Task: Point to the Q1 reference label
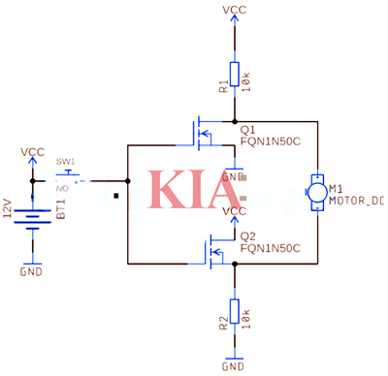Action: [x=247, y=126]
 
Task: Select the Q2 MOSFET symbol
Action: [x=211, y=249]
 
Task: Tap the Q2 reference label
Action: [x=247, y=235]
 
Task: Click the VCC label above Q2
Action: [x=234, y=211]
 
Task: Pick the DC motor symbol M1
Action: [x=316, y=190]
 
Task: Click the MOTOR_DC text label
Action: [x=356, y=202]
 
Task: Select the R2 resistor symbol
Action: [x=234, y=312]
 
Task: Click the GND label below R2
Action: [x=234, y=366]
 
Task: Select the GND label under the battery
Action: [x=32, y=273]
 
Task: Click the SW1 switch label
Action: [x=65, y=161]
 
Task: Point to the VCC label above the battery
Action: [x=33, y=152]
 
